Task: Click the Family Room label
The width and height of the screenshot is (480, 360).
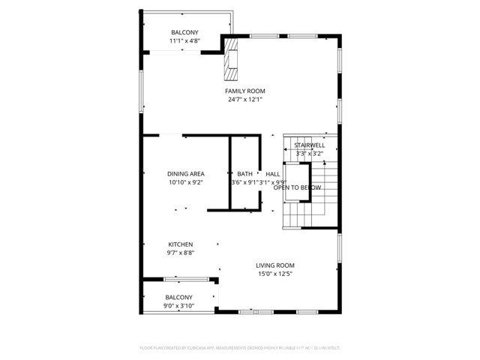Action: pyautogui.click(x=244, y=91)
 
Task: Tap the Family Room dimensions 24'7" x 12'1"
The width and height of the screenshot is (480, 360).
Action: pyautogui.click(x=244, y=100)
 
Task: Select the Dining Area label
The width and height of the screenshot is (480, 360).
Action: pyautogui.click(x=185, y=174)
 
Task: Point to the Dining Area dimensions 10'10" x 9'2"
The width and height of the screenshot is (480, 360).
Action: pyautogui.click(x=185, y=182)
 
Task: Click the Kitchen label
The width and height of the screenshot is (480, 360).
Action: pyautogui.click(x=180, y=244)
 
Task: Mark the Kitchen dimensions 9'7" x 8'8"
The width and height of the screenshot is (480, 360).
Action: pyautogui.click(x=180, y=253)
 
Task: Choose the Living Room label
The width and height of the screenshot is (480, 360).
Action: pyautogui.click(x=274, y=265)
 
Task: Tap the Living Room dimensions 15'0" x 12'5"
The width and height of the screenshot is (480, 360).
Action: pyautogui.click(x=274, y=274)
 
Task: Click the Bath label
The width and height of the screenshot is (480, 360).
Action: pyautogui.click(x=245, y=174)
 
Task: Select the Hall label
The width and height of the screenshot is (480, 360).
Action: pyautogui.click(x=272, y=174)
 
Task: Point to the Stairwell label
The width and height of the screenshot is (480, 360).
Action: pyautogui.click(x=309, y=145)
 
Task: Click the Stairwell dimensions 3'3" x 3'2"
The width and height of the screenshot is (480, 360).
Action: pyautogui.click(x=309, y=154)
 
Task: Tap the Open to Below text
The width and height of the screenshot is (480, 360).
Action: pyautogui.click(x=292, y=187)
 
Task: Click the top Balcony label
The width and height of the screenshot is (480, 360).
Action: pyautogui.click(x=184, y=32)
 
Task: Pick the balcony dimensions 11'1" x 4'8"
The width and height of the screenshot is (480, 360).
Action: pyautogui.click(x=184, y=41)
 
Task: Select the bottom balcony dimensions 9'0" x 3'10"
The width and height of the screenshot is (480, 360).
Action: pyautogui.click(x=179, y=306)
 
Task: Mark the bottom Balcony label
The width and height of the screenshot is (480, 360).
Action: pyautogui.click(x=179, y=298)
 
